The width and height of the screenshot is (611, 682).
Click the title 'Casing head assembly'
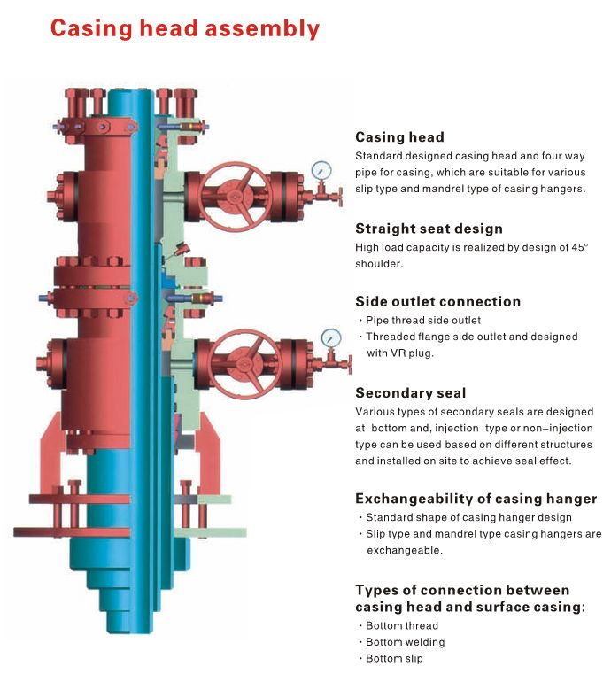[185, 28]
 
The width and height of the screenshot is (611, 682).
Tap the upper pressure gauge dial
[321, 170]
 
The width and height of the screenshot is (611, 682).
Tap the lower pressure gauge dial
[331, 338]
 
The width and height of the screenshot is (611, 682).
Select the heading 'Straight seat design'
[429, 229]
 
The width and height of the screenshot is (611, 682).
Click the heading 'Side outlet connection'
[438, 301]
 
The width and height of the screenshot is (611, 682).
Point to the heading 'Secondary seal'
[411, 392]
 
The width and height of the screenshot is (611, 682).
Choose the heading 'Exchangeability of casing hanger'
[476, 499]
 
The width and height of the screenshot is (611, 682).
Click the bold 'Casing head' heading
[399, 137]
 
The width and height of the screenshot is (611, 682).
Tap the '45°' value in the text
[580, 247]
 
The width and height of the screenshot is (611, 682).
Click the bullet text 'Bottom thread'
[402, 625]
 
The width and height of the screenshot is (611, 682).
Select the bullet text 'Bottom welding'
[406, 642]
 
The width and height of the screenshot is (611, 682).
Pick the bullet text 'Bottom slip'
[394, 658]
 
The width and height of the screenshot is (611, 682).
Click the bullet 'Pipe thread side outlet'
[423, 321]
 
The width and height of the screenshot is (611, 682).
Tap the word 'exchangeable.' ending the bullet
[405, 550]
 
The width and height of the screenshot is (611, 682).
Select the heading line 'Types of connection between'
[462, 590]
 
